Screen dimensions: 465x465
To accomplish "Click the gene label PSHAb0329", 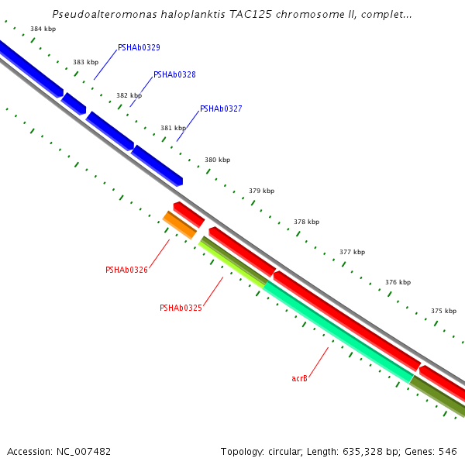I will tap(139, 48).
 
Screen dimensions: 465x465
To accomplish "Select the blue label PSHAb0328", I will tap(174, 75).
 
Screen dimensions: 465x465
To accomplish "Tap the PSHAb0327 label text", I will tap(221, 109).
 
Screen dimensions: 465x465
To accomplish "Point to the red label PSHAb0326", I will tap(126, 270).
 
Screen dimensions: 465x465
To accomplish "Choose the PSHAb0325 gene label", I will tap(181, 308).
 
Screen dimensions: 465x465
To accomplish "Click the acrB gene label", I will tap(299, 379).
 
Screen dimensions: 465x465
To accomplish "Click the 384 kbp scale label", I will tap(43, 29).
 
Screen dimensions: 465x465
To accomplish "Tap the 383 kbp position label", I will tap(85, 62).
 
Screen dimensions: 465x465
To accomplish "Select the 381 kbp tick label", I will tap(173, 128).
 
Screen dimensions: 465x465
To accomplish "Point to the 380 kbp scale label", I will tap(217, 160).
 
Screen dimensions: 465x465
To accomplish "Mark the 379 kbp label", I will tap(261, 191).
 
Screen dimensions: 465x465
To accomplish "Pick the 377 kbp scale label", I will tap(352, 252).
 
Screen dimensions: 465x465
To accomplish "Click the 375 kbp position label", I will tap(443, 311).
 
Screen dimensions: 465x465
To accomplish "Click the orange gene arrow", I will tap(180, 225).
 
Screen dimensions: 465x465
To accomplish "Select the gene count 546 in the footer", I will tap(448, 451).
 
